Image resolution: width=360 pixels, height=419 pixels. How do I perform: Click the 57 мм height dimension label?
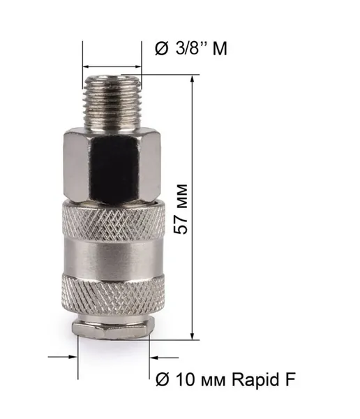pyautogui.click(x=181, y=209)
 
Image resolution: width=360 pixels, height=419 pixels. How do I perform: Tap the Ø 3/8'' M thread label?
pyautogui.click(x=191, y=48)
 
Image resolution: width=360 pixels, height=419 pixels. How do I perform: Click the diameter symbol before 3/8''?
pyautogui.click(x=162, y=49)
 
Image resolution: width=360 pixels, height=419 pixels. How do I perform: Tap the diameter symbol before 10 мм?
pyautogui.click(x=163, y=379)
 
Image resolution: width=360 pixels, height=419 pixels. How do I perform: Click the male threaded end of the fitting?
pyautogui.click(x=112, y=103)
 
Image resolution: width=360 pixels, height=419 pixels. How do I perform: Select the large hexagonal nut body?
pyautogui.click(x=112, y=165)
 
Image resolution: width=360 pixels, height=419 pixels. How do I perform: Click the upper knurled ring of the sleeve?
pyautogui.click(x=114, y=220)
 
